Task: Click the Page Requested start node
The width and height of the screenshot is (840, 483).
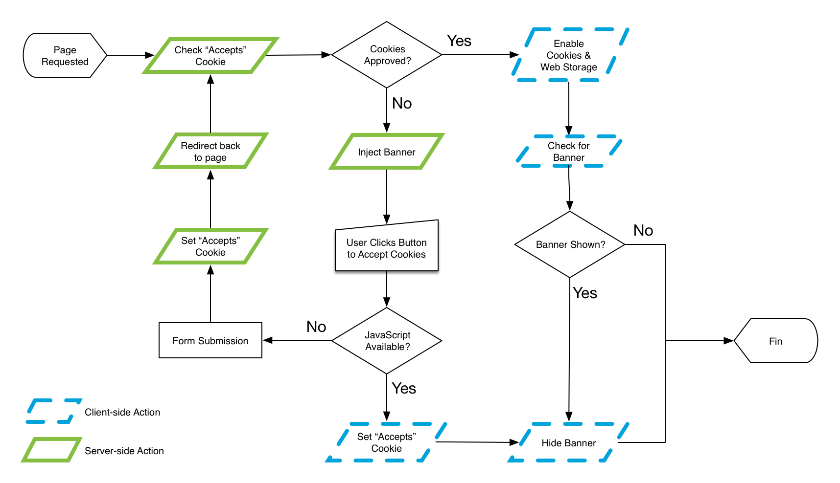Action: (65, 56)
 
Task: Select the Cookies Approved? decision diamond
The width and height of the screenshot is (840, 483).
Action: (387, 55)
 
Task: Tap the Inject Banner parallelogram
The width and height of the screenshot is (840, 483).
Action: (387, 152)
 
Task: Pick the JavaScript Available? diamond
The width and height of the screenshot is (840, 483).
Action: (387, 341)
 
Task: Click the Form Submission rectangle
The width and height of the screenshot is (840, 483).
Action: (210, 341)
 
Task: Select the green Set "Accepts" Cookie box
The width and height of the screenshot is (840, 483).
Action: (210, 246)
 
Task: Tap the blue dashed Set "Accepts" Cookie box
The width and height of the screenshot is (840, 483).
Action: (387, 442)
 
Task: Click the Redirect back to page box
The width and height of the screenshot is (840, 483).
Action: (210, 151)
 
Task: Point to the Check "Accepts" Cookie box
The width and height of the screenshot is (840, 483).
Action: (210, 56)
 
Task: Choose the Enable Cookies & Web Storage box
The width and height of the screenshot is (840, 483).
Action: (569, 55)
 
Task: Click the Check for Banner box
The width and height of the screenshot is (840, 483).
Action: (569, 152)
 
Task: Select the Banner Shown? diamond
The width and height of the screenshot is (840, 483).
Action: (570, 244)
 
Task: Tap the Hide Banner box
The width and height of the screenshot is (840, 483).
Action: (569, 443)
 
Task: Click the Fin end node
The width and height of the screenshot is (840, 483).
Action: (775, 341)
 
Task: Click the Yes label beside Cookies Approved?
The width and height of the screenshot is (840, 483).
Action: (459, 41)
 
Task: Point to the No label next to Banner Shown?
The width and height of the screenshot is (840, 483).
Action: (643, 230)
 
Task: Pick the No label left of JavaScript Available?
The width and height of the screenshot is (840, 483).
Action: (316, 327)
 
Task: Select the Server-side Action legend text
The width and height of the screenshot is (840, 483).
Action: (124, 451)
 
